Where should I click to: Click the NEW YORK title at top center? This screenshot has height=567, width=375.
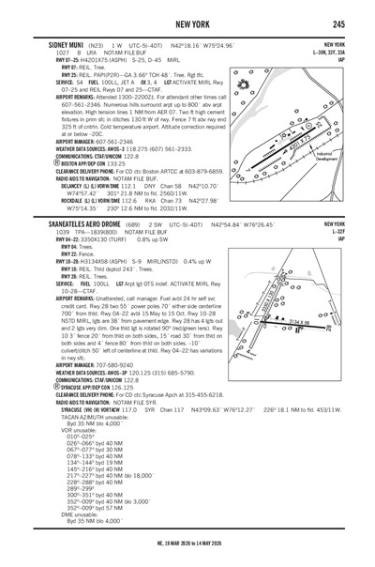(187, 23)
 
